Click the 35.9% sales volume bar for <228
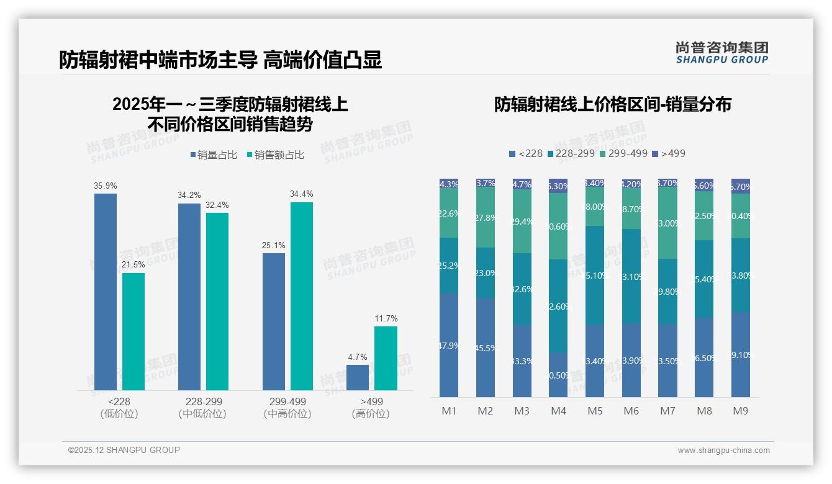coord(105,292)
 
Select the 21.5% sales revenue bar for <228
coord(133,331)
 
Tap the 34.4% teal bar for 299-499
coord(302,296)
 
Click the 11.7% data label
coord(386,318)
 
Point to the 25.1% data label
coord(274,245)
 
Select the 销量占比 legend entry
coord(214,155)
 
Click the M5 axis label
coord(595,411)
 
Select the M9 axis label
coord(740,411)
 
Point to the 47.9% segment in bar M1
coord(449,345)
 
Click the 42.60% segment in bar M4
coord(558,306)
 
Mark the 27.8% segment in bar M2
coord(486,218)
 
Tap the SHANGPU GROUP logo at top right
coord(721,53)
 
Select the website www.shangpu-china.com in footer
coord(723,450)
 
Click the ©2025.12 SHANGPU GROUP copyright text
coord(124,450)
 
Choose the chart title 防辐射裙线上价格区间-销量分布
coord(612,104)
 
